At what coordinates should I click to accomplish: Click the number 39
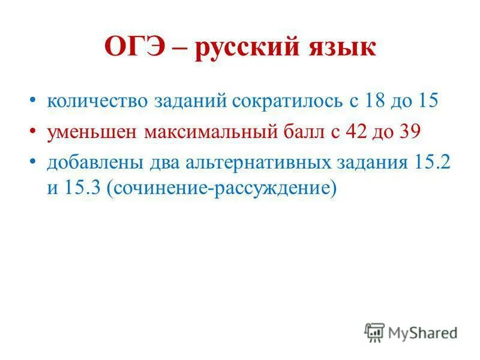click(410, 131)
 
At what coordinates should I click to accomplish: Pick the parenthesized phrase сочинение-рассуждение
click(219, 188)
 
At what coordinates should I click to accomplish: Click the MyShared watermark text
click(422, 332)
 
